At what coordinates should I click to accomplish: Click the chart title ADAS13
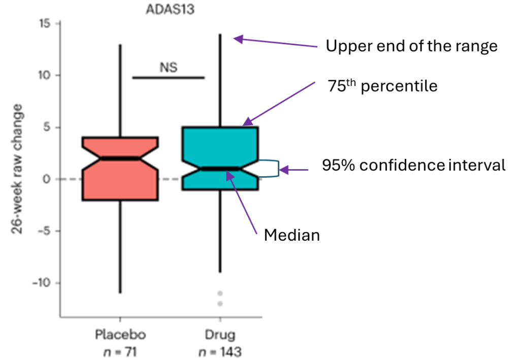pyautogui.click(x=169, y=9)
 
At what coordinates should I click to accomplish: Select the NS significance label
pyautogui.click(x=169, y=67)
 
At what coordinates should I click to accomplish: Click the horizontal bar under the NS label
pyautogui.click(x=168, y=78)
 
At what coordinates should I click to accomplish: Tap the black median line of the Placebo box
pyautogui.click(x=120, y=158)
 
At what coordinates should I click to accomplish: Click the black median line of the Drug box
pyautogui.click(x=219, y=169)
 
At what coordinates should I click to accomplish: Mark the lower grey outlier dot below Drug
pyautogui.click(x=220, y=304)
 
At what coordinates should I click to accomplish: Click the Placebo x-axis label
pyautogui.click(x=120, y=335)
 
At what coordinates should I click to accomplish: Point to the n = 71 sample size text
pyautogui.click(x=120, y=351)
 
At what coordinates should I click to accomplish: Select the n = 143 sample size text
pyautogui.click(x=219, y=351)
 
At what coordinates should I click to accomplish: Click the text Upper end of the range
pyautogui.click(x=411, y=47)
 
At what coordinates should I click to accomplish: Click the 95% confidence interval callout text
pyautogui.click(x=414, y=166)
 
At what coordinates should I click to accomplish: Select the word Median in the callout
pyautogui.click(x=292, y=235)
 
